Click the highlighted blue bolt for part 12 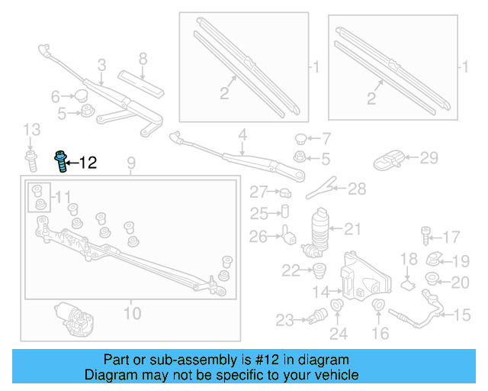(x=59, y=162)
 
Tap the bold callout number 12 (x=88, y=162)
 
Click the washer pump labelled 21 (x=319, y=231)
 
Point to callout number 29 (x=429, y=158)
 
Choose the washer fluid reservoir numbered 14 (x=358, y=277)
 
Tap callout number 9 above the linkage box (x=130, y=162)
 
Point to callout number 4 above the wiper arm (x=242, y=137)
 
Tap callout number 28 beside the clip (x=357, y=188)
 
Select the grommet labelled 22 (x=319, y=269)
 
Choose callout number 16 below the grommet (x=380, y=333)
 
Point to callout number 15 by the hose (x=463, y=314)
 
